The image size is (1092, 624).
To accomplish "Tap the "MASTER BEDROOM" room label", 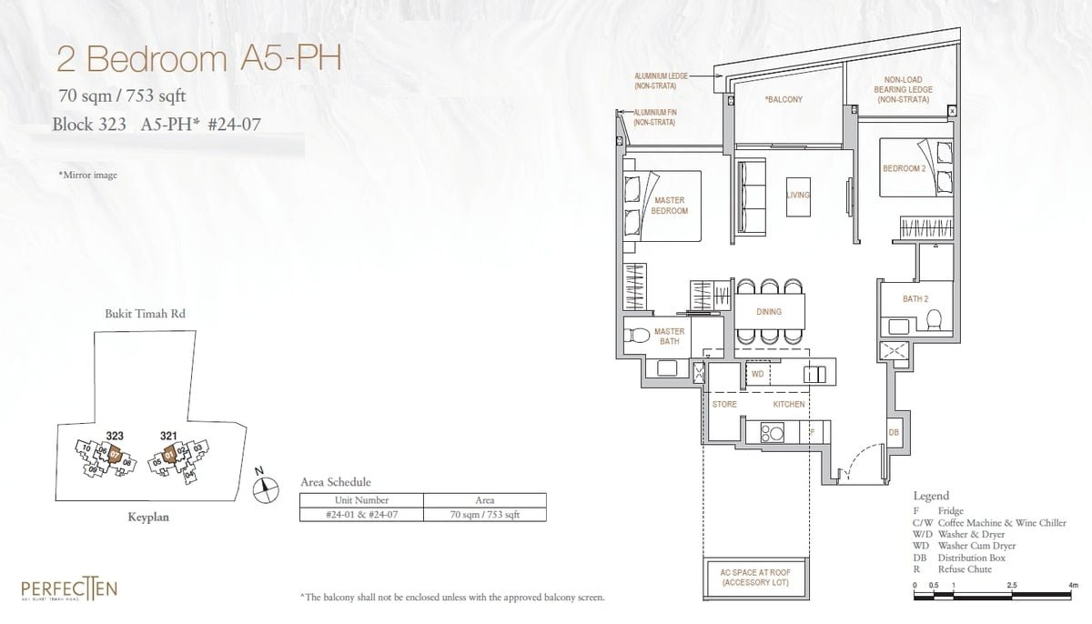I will click(x=669, y=206).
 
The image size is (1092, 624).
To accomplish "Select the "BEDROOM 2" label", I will click(x=903, y=169).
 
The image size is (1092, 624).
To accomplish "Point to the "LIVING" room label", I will click(x=798, y=196).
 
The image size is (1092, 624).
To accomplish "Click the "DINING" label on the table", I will click(x=769, y=312).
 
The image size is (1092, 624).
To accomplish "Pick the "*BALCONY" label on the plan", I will click(x=783, y=99).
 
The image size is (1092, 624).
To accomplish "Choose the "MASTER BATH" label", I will click(x=669, y=337).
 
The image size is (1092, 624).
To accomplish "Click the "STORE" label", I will click(x=724, y=404).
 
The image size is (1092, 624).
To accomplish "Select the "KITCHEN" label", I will click(x=789, y=404).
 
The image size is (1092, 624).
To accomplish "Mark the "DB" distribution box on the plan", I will click(x=894, y=433).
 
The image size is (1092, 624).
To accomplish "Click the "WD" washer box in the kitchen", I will click(x=757, y=374).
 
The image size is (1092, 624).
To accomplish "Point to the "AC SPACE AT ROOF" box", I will click(x=754, y=578).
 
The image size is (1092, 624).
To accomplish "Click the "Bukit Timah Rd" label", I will click(x=147, y=314).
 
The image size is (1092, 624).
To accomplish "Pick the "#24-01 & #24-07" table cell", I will click(x=362, y=514).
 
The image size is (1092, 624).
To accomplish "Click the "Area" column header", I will click(x=484, y=500).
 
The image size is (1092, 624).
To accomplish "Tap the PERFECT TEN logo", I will click(x=70, y=589).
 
